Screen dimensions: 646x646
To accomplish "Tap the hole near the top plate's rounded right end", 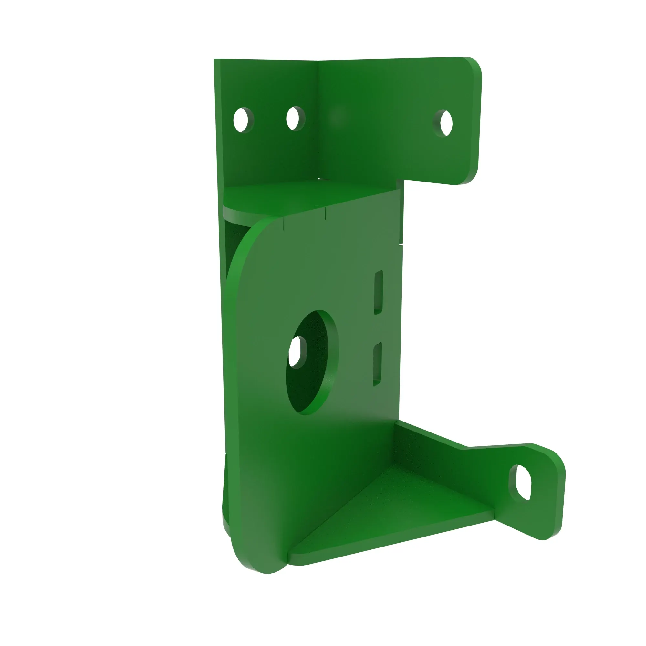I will [446, 123].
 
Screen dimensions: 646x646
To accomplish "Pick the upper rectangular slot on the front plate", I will [378, 292].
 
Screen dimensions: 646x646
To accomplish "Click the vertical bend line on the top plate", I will [318, 117].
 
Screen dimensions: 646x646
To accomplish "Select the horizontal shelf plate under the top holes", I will [284, 197].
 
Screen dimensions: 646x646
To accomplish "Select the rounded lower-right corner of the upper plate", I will [468, 179].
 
